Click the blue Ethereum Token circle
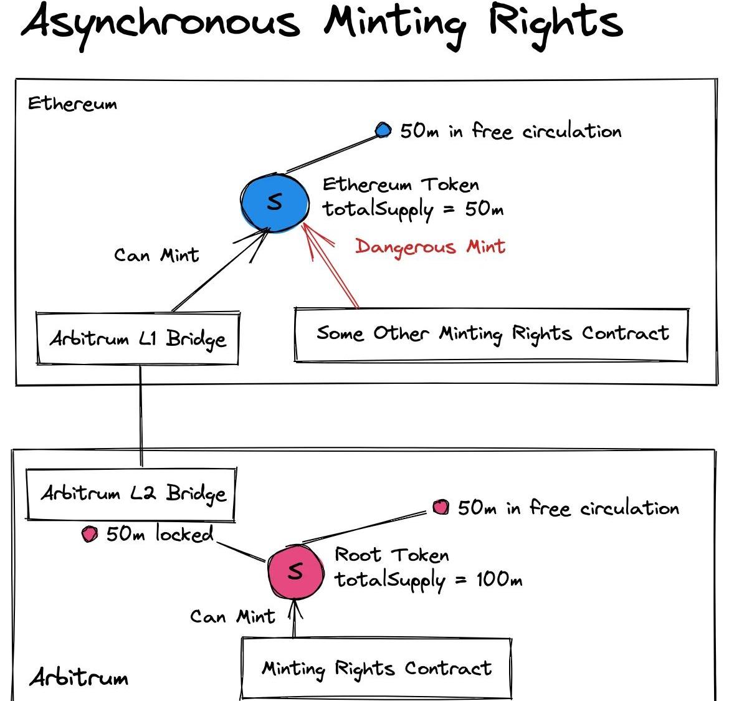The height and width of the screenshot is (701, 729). pos(275,202)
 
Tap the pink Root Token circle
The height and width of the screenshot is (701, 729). pos(295,571)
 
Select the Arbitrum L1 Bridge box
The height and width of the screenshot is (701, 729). pos(138,338)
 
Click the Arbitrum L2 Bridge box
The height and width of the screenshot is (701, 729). pos(131,494)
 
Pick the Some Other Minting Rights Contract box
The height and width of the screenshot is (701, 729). pos(491,334)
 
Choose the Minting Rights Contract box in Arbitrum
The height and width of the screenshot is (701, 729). pos(376,668)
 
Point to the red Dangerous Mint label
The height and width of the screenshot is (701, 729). pos(430,247)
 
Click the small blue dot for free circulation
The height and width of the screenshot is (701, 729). pos(383,130)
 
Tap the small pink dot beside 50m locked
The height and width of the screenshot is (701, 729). pos(90,535)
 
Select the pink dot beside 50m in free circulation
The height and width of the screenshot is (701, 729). pos(441,507)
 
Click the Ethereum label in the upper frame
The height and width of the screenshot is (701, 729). pos(72,103)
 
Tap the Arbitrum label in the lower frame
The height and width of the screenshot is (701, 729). pos(79,677)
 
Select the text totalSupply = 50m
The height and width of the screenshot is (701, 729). pos(412,209)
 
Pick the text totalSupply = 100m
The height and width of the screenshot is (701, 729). pos(428,580)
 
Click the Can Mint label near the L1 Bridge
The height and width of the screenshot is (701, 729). pos(156,255)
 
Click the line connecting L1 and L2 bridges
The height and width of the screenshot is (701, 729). pos(141,414)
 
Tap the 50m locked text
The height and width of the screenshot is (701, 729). pos(160,534)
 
